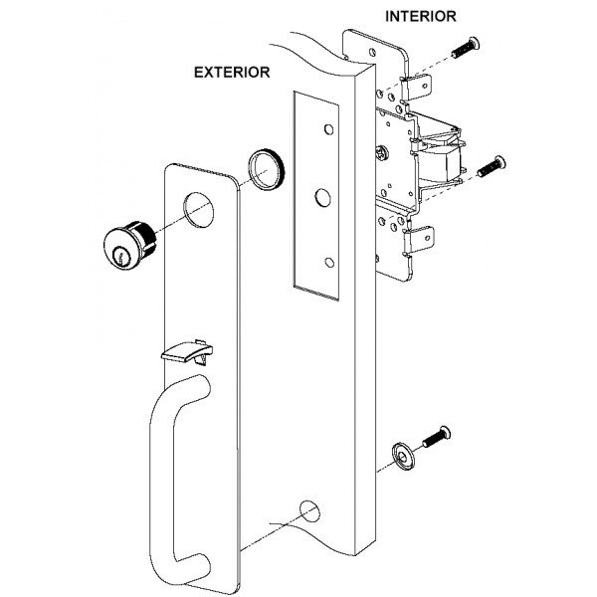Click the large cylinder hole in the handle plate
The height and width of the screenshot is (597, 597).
coord(202,213)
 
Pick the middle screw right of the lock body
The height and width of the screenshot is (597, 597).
coord(491,167)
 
